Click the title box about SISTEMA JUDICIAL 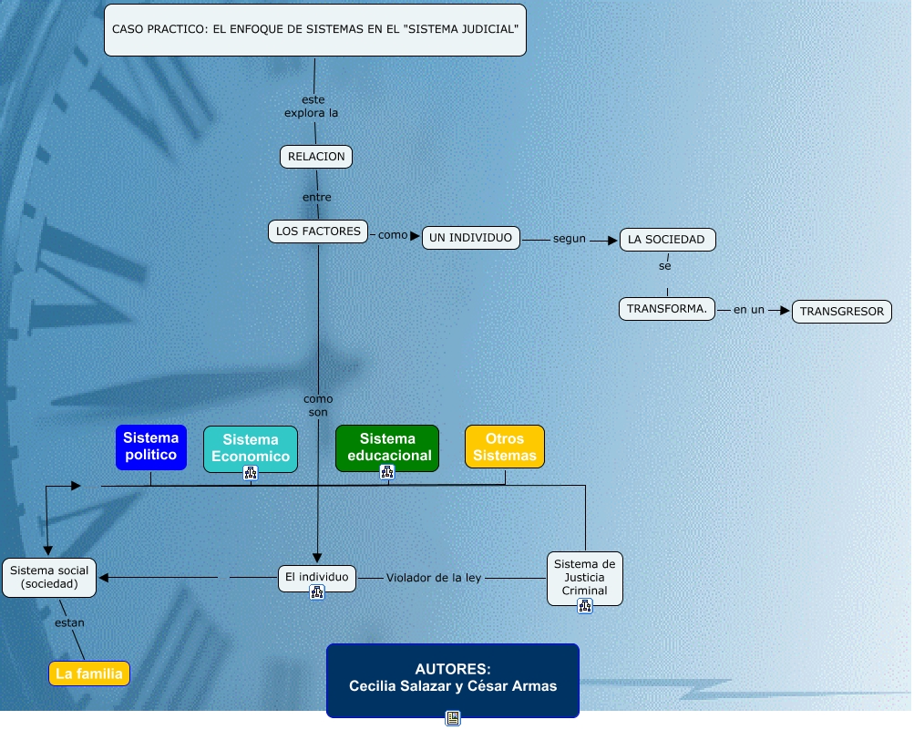[315, 29]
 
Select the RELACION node [315, 157]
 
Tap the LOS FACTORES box [318, 231]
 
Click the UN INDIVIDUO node [471, 238]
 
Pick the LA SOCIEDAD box [667, 240]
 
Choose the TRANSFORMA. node [667, 309]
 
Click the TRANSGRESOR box [841, 312]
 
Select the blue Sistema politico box [150, 447]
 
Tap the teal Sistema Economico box [251, 447]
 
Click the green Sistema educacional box [387, 447]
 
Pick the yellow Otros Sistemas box [505, 447]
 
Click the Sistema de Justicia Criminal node [584, 577]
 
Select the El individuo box [316, 577]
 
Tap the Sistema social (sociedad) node [49, 577]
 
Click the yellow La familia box [89, 674]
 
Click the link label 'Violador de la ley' [433, 578]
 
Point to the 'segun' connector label [569, 239]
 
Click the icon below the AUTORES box [452, 718]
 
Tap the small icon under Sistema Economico [251, 472]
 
